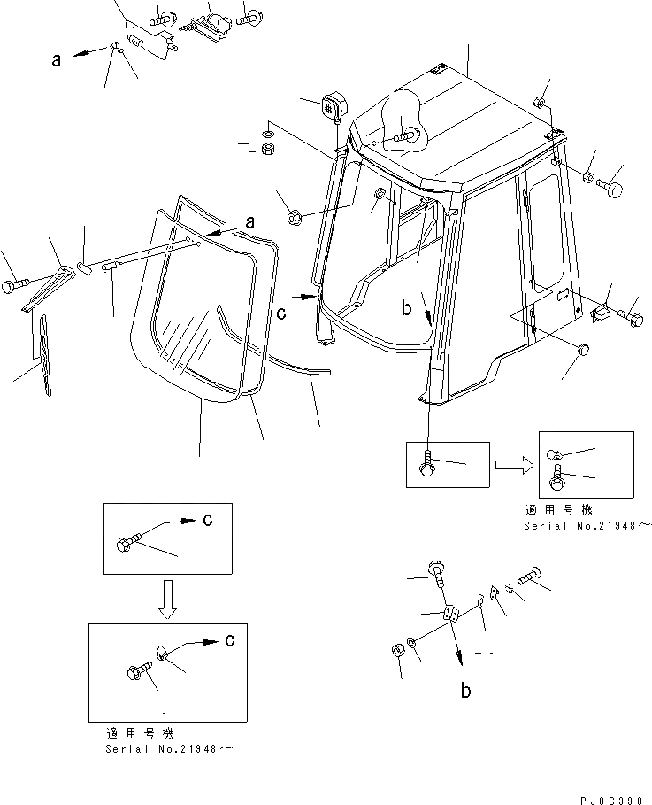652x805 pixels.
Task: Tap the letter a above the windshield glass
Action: (x=250, y=223)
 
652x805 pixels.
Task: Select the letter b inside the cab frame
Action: (x=406, y=308)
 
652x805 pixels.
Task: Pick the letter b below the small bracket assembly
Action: (x=465, y=691)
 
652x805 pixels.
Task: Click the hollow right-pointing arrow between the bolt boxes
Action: (x=510, y=462)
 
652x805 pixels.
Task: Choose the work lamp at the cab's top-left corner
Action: (x=333, y=109)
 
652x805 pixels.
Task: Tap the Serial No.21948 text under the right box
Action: (x=587, y=525)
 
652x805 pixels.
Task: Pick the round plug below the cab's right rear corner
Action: (x=583, y=352)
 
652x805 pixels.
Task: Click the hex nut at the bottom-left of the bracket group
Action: (x=397, y=652)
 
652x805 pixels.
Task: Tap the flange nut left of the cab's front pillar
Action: (x=295, y=214)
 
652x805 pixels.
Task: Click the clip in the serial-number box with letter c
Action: (x=165, y=655)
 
